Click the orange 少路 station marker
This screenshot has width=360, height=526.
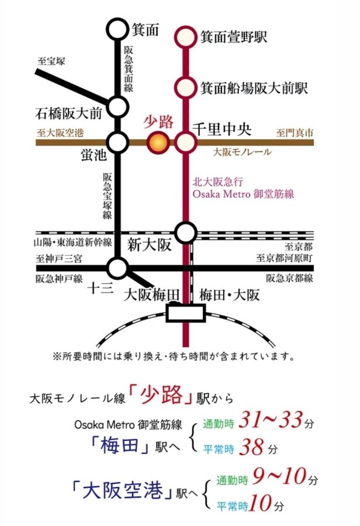[157, 141]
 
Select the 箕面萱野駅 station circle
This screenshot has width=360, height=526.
[186, 36]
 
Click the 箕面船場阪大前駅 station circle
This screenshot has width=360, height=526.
[186, 88]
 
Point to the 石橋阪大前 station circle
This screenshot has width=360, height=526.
[118, 107]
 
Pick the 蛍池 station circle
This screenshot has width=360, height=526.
[118, 141]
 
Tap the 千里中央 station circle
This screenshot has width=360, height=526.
[186, 141]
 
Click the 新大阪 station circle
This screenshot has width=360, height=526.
[186, 233]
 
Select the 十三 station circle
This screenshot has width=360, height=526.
[118, 268]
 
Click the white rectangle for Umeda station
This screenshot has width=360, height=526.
[186, 314]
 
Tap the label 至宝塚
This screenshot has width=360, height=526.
[52, 60]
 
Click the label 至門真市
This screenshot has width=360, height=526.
[295, 133]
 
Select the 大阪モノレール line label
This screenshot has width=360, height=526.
[242, 152]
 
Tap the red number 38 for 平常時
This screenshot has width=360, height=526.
[252, 448]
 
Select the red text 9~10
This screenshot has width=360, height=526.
[278, 477]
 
